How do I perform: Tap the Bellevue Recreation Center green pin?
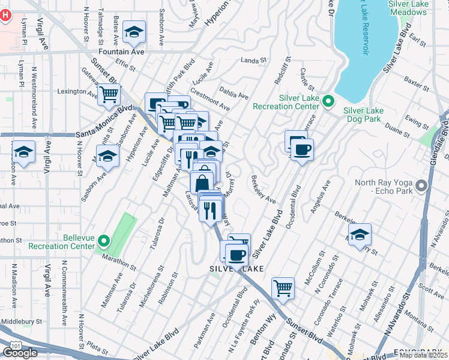(x=103, y=242)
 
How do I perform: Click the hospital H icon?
(x=7, y=15)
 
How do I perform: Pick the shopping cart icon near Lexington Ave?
(x=109, y=94)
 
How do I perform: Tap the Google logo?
(x=20, y=353)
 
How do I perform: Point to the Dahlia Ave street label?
(x=235, y=94)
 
